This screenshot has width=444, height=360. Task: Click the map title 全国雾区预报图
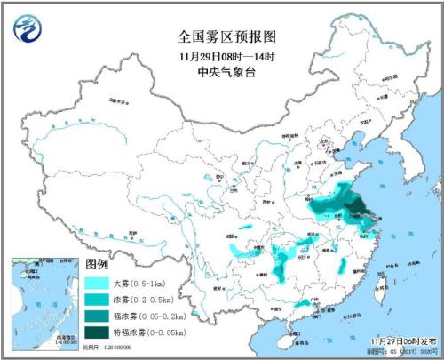tap(221, 37)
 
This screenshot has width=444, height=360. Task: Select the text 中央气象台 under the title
tap(221, 70)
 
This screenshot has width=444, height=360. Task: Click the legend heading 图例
tap(97, 264)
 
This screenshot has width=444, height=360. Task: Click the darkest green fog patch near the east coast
tap(360, 210)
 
